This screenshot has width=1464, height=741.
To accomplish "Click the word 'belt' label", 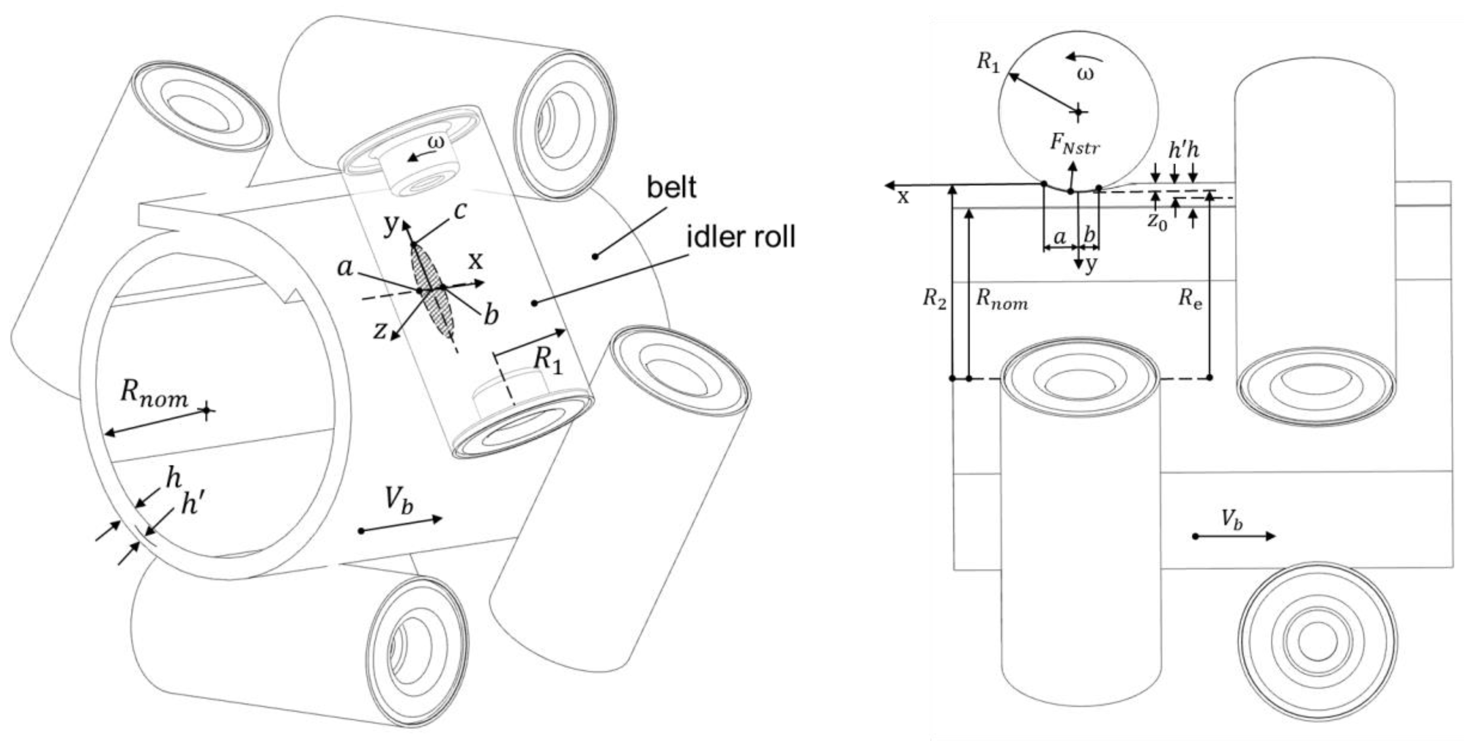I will tap(671, 187).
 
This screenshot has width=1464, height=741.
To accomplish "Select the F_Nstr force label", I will tap(1074, 145).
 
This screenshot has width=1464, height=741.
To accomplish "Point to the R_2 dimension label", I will tap(934, 299).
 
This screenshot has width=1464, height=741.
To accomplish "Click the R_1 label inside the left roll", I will tap(549, 359).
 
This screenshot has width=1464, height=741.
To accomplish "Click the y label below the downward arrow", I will tap(1089, 265).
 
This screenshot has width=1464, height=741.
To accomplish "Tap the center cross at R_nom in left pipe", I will tap(206, 410).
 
